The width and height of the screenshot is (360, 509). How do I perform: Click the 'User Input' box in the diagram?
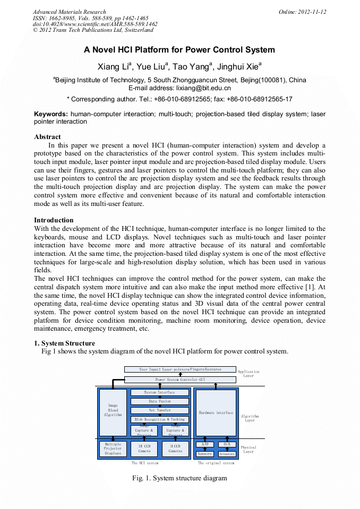tap(180, 369)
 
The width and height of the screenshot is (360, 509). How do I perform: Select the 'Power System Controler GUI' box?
tap(180, 379)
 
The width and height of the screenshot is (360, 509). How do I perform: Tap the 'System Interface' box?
tap(159, 392)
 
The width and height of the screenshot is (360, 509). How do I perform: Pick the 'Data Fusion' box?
tap(159, 401)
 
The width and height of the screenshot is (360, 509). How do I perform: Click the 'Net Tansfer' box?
tap(159, 410)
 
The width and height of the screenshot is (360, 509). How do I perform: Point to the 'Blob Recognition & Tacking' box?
tap(159, 419)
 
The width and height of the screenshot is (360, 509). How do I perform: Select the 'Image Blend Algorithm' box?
tap(113, 412)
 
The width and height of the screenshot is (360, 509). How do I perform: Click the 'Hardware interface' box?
tap(216, 412)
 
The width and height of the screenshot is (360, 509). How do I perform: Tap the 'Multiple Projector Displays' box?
tap(113, 448)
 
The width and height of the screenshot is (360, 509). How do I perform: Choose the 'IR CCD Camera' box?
tap(144, 448)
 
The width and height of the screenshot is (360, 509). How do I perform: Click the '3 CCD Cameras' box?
tap(175, 448)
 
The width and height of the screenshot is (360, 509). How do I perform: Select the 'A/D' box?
tap(204, 444)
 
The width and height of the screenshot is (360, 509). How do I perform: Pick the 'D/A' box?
tap(227, 444)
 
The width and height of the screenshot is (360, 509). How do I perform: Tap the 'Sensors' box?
tap(204, 454)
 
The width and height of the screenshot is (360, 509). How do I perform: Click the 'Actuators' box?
tap(227, 454)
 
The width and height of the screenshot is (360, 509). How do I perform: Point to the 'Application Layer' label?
tap(248, 374)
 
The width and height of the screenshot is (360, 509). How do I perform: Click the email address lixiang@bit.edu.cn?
tap(204, 88)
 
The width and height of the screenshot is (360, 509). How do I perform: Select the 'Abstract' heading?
tap(47, 137)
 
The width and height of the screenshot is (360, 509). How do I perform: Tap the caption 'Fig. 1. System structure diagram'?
tap(179, 478)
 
